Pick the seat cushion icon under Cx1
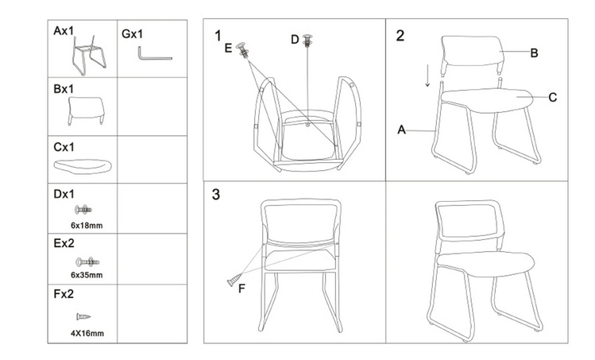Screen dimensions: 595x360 (x=83, y=165)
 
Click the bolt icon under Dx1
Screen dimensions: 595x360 (x=83, y=209)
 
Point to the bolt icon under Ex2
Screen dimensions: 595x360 (x=87, y=261)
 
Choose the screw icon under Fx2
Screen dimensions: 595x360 (x=83, y=316)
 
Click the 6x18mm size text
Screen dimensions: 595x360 (x=87, y=226)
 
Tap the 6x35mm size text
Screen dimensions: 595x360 (x=87, y=275)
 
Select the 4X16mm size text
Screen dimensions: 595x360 (x=87, y=334)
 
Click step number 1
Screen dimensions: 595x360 (x=218, y=36)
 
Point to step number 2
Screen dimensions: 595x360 (x=400, y=36)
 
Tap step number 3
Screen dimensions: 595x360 (x=215, y=195)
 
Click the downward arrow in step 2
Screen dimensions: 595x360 (x=427, y=75)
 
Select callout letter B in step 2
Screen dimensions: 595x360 (x=534, y=53)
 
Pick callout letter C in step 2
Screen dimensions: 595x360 (x=553, y=98)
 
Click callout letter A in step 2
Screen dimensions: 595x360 (x=401, y=130)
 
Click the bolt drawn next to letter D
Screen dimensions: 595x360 (x=307, y=40)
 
